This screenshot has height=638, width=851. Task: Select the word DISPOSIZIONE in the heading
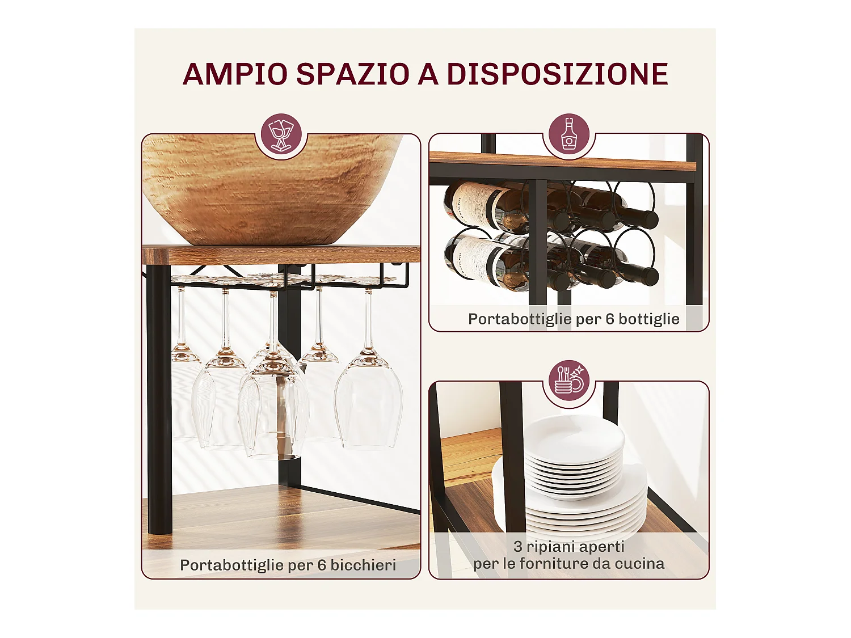(557, 74)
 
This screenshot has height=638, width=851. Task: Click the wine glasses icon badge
(281, 136)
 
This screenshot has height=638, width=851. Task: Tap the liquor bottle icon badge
(569, 135)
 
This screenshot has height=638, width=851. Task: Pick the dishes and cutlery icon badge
(569, 381)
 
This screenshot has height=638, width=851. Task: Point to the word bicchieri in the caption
(363, 565)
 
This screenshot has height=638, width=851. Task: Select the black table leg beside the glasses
(159, 397)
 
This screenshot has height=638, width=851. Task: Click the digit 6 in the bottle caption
(610, 319)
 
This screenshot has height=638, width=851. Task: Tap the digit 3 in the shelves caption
(518, 547)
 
